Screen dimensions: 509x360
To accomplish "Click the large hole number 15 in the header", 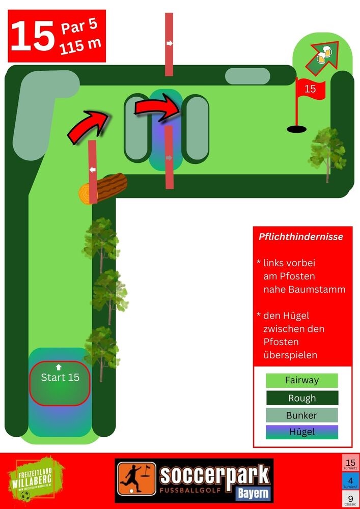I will click(x=32, y=36).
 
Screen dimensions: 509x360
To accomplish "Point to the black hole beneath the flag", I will click(x=296, y=129).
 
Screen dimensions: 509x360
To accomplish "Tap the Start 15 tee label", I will click(x=60, y=378).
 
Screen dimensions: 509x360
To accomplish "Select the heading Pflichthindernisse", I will click(x=301, y=237).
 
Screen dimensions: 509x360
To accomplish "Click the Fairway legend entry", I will click(x=302, y=380).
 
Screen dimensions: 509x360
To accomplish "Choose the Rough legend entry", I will click(x=302, y=398).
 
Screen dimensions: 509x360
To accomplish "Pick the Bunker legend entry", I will click(x=302, y=415).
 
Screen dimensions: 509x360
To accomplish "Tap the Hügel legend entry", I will click(x=302, y=432).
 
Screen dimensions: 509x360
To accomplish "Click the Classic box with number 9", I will click(x=350, y=499).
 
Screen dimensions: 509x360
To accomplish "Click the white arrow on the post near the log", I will click(x=93, y=169).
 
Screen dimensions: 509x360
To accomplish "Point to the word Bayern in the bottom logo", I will click(x=253, y=493).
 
